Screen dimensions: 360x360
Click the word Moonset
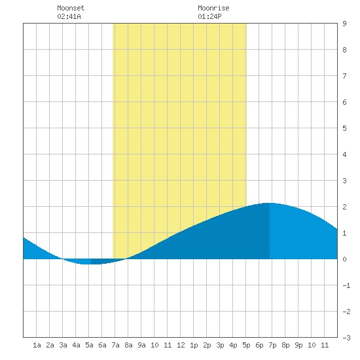coord(71,8)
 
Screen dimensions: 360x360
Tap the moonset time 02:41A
coord(69,16)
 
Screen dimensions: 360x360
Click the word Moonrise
coord(213,8)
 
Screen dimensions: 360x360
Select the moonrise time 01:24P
coord(209,16)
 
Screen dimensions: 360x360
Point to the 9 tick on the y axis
coord(344,24)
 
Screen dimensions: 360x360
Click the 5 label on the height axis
coord(344,128)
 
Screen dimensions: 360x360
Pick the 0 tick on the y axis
coord(344,259)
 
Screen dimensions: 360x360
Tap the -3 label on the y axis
coord(346,338)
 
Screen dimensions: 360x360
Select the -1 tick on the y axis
coord(346,285)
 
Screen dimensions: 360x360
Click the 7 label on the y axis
coord(344,76)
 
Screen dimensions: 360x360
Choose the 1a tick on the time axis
coord(37,345)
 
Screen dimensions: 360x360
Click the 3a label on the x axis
coord(63,345)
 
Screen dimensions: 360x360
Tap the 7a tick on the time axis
coord(115,345)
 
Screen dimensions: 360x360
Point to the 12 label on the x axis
coord(181,345)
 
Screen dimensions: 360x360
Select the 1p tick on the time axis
coord(194,345)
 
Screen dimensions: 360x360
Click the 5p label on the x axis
coord(246,345)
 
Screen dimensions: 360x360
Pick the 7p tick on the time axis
coord(272,345)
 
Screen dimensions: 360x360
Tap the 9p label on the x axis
coord(298,345)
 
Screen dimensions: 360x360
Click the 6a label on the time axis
coord(102,345)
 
